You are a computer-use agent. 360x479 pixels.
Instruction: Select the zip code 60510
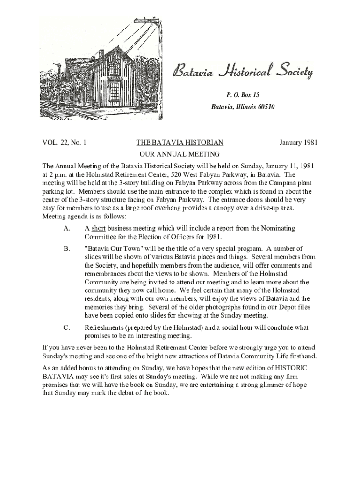265,107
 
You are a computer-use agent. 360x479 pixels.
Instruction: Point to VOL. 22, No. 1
64,143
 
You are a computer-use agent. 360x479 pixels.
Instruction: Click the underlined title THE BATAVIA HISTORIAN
180,143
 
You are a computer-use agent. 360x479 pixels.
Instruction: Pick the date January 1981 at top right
298,143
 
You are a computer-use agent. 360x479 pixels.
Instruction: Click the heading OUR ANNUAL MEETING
180,154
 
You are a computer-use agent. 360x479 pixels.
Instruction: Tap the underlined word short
98,228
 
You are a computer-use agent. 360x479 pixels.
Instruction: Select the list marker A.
66,228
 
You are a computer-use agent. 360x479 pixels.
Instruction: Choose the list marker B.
66,248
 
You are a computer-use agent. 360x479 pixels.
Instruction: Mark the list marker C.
66,327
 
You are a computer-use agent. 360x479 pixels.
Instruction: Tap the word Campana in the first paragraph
280,183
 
